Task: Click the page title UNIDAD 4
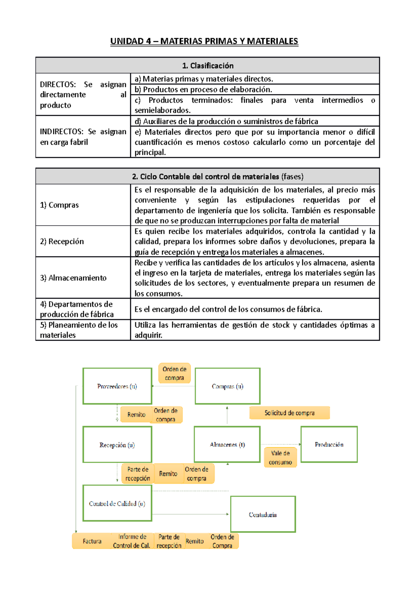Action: point(204,41)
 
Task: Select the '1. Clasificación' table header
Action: point(208,66)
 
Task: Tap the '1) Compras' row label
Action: point(59,205)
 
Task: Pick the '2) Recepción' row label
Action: point(62,241)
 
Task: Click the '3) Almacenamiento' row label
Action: point(73,278)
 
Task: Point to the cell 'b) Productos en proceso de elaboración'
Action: point(203,89)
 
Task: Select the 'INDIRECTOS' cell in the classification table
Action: point(83,137)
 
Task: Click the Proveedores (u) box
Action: point(117,386)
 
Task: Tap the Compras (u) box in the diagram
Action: point(227,386)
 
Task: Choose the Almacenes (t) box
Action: point(227,445)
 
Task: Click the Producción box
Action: point(329,445)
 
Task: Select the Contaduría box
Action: point(263,515)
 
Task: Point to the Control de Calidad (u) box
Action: point(117,503)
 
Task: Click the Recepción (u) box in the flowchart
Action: point(117,445)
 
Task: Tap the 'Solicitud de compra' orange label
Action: point(289,413)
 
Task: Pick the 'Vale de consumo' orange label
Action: point(280,458)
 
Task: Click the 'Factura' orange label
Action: point(92,541)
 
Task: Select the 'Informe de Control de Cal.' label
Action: point(132,541)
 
